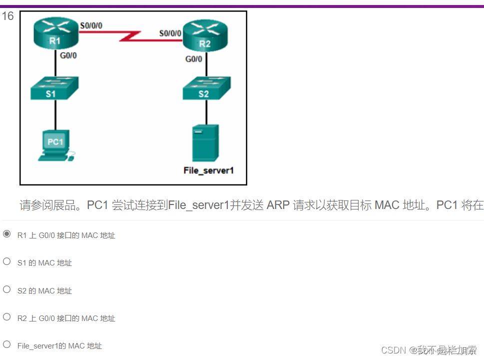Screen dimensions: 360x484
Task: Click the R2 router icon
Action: point(205,37)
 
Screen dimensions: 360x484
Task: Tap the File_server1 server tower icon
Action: point(205,142)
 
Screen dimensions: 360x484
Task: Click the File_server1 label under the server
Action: point(209,170)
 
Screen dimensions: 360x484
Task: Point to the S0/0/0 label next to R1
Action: point(91,24)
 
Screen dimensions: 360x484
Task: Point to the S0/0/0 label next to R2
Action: point(170,33)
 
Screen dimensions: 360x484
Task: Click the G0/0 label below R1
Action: point(68,55)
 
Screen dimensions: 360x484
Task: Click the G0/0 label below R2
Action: point(194,59)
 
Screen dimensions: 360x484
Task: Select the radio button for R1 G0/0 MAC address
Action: point(7,234)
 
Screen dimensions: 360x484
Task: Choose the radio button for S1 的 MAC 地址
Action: point(7,261)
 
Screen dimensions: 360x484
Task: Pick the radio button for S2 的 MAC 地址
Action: point(7,289)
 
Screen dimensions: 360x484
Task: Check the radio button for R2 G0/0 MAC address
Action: point(7,317)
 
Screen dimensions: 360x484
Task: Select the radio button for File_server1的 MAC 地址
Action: point(7,344)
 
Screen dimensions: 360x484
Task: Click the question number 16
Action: point(7,16)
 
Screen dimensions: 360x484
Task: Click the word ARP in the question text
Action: point(278,205)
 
